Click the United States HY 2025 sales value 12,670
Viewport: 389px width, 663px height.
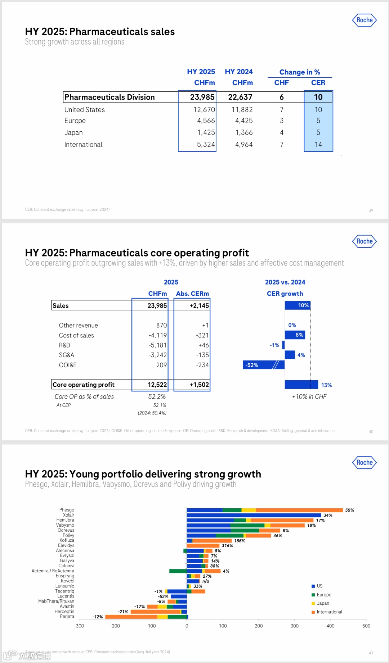pyautogui.click(x=204, y=110)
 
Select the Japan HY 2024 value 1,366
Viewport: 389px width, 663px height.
pyautogui.click(x=244, y=133)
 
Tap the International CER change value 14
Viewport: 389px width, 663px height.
pyautogui.click(x=318, y=145)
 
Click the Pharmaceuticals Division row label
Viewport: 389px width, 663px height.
pyautogui.click(x=109, y=97)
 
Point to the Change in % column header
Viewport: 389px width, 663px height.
pyautogui.click(x=300, y=72)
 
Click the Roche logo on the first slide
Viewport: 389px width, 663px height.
pyautogui.click(x=365, y=20)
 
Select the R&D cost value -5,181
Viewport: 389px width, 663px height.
pyautogui.click(x=158, y=345)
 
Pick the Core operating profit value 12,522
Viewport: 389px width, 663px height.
pyautogui.click(x=157, y=385)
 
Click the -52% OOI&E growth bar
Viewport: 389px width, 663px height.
pyautogui.click(x=263, y=365)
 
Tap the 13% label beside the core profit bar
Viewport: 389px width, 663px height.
pyautogui.click(x=326, y=385)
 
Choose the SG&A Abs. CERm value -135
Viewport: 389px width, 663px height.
pyautogui.click(x=202, y=355)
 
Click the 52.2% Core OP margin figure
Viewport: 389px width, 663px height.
pyautogui.click(x=157, y=397)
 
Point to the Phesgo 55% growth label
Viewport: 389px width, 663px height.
pyautogui.click(x=349, y=510)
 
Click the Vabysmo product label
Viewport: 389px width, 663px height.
pyautogui.click(x=65, y=525)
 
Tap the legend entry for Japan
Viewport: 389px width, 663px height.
pyautogui.click(x=323, y=603)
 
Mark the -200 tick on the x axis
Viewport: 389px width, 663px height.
pyautogui.click(x=115, y=626)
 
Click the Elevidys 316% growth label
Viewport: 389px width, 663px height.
pyautogui.click(x=227, y=546)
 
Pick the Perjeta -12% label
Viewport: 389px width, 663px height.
pyautogui.click(x=98, y=617)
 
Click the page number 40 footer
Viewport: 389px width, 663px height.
pyautogui.click(x=371, y=432)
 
